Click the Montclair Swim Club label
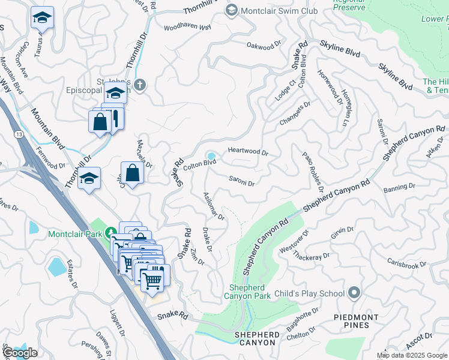tap(274, 10)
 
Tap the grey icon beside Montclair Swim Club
tap(231, 10)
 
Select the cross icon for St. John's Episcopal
tap(139, 85)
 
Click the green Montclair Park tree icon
tap(110, 232)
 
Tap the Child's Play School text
tap(309, 293)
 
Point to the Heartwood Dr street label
tap(247, 152)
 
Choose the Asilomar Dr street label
tap(214, 207)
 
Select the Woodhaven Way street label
tap(187, 28)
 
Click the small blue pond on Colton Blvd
tap(211, 156)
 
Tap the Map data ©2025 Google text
tap(412, 356)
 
